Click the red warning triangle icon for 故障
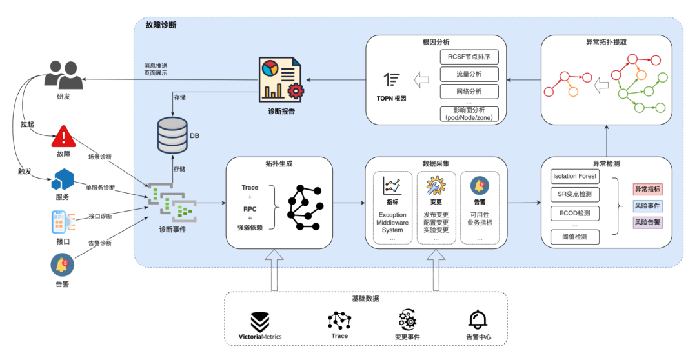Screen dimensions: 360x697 point(63,136)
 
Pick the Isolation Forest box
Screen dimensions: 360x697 point(575,176)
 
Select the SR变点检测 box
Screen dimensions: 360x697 point(575,194)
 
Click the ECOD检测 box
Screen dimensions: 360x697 point(575,213)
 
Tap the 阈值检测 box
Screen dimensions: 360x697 point(575,237)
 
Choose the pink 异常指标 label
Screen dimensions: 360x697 point(647,189)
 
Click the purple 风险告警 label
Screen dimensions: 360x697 point(647,222)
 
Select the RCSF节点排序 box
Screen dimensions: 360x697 point(469,57)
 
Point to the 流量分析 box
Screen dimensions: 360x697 point(469,74)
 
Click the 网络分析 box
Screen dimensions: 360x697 point(469,91)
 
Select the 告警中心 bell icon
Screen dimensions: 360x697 point(478,320)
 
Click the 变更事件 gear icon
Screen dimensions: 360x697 point(407,320)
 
